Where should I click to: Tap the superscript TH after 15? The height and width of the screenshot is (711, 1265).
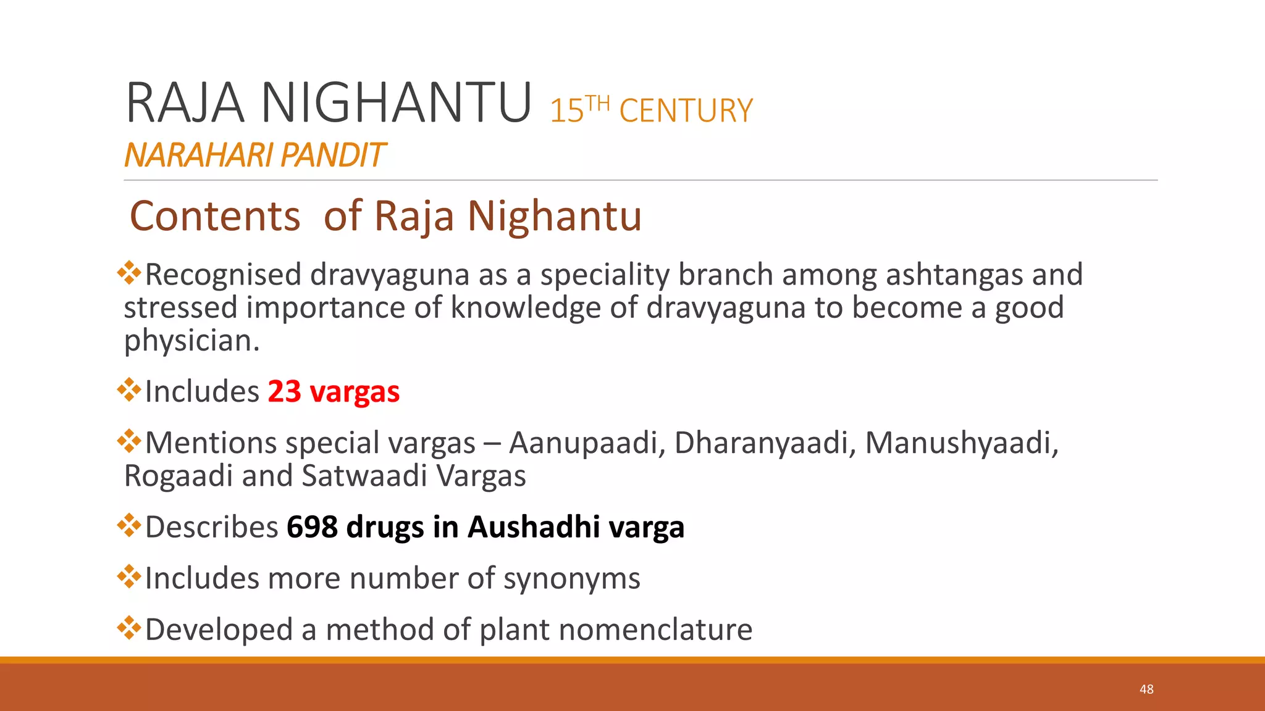(x=597, y=103)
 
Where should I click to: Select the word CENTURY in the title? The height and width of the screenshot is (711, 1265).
(x=686, y=111)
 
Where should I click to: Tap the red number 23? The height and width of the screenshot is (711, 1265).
(x=284, y=391)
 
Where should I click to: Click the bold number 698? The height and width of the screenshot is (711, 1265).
(x=312, y=527)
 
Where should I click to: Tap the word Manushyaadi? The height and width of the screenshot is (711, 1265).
(x=961, y=443)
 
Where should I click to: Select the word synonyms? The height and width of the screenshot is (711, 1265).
(x=571, y=579)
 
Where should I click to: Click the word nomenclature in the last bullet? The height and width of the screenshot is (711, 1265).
(x=655, y=630)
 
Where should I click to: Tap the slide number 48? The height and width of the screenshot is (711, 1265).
(x=1146, y=689)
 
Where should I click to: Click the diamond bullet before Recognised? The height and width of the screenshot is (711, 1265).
(x=129, y=273)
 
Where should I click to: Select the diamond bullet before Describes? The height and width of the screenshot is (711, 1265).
(x=129, y=525)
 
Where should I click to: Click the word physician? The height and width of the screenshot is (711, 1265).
(x=191, y=341)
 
